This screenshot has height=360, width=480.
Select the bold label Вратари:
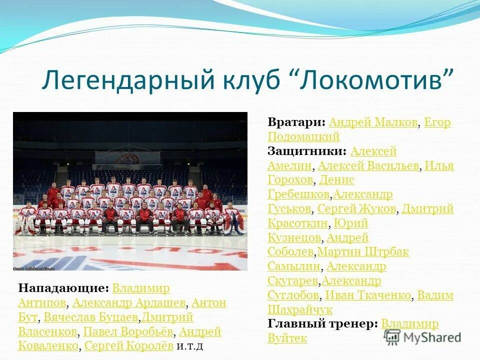click(x=297, y=122)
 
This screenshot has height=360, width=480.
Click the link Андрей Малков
click(x=373, y=122)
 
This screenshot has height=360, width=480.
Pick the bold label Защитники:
click(x=307, y=151)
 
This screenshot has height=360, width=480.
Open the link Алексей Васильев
click(x=368, y=165)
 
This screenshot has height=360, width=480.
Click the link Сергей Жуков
click(x=357, y=208)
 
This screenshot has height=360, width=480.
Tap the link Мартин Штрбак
click(x=363, y=251)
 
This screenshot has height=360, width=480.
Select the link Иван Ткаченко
click(x=368, y=295)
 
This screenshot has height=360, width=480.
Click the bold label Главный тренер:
click(x=323, y=323)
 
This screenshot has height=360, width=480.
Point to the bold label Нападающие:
click(x=63, y=288)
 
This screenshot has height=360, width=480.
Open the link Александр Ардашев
click(x=129, y=303)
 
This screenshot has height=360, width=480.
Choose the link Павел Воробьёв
click(x=128, y=331)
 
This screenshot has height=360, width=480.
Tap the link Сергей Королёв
click(x=129, y=345)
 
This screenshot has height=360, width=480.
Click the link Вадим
click(x=435, y=295)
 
